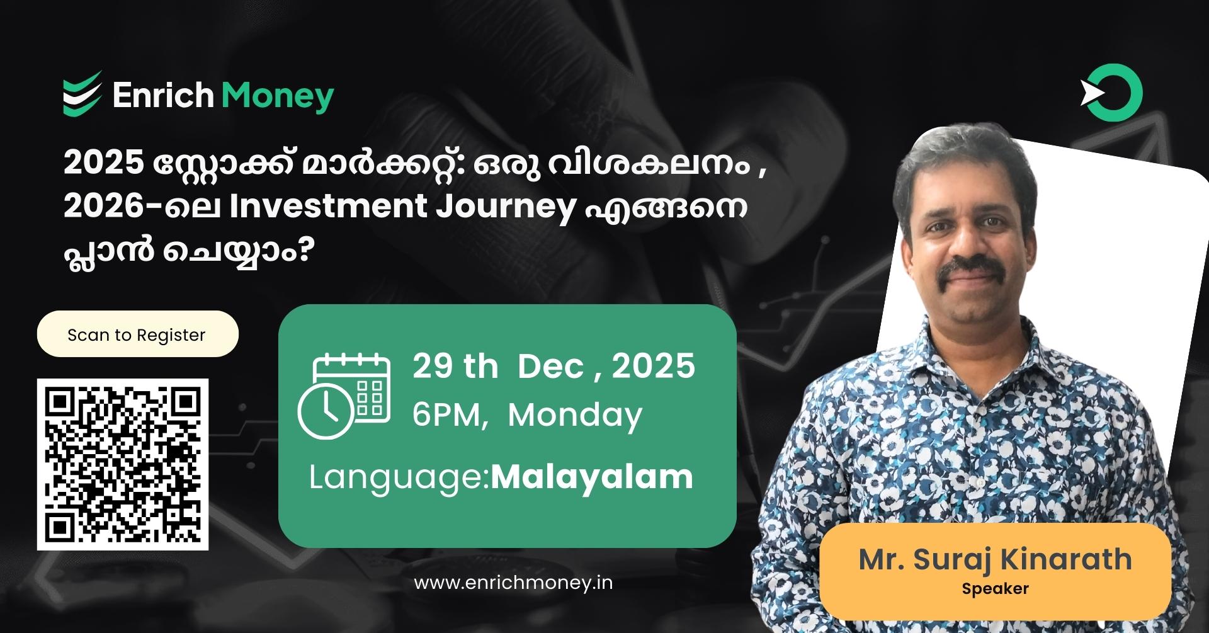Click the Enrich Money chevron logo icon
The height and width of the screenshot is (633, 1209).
point(82,94)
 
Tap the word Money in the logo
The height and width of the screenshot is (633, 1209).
point(277,96)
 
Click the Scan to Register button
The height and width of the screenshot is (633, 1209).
point(137,334)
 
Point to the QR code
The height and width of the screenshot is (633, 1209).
point(123,464)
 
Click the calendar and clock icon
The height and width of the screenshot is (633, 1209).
point(344,396)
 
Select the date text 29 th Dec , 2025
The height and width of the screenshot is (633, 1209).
point(553,366)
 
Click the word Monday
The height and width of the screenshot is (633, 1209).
point(575,415)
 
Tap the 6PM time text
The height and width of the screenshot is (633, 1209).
point(448,415)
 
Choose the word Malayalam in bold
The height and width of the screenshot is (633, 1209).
point(592,477)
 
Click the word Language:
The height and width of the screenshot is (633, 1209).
point(399,477)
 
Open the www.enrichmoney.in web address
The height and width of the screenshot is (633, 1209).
point(513,583)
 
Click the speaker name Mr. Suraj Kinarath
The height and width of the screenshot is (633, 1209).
point(995,559)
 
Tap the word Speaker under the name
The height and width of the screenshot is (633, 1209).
point(995,589)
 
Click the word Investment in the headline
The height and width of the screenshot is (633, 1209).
point(328,207)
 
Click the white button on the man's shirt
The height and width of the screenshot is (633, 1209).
point(980,482)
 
